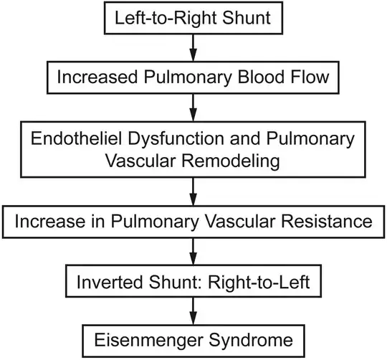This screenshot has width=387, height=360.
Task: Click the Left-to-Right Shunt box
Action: [x=193, y=16]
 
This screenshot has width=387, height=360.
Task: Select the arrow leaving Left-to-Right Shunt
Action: [x=193, y=44]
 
